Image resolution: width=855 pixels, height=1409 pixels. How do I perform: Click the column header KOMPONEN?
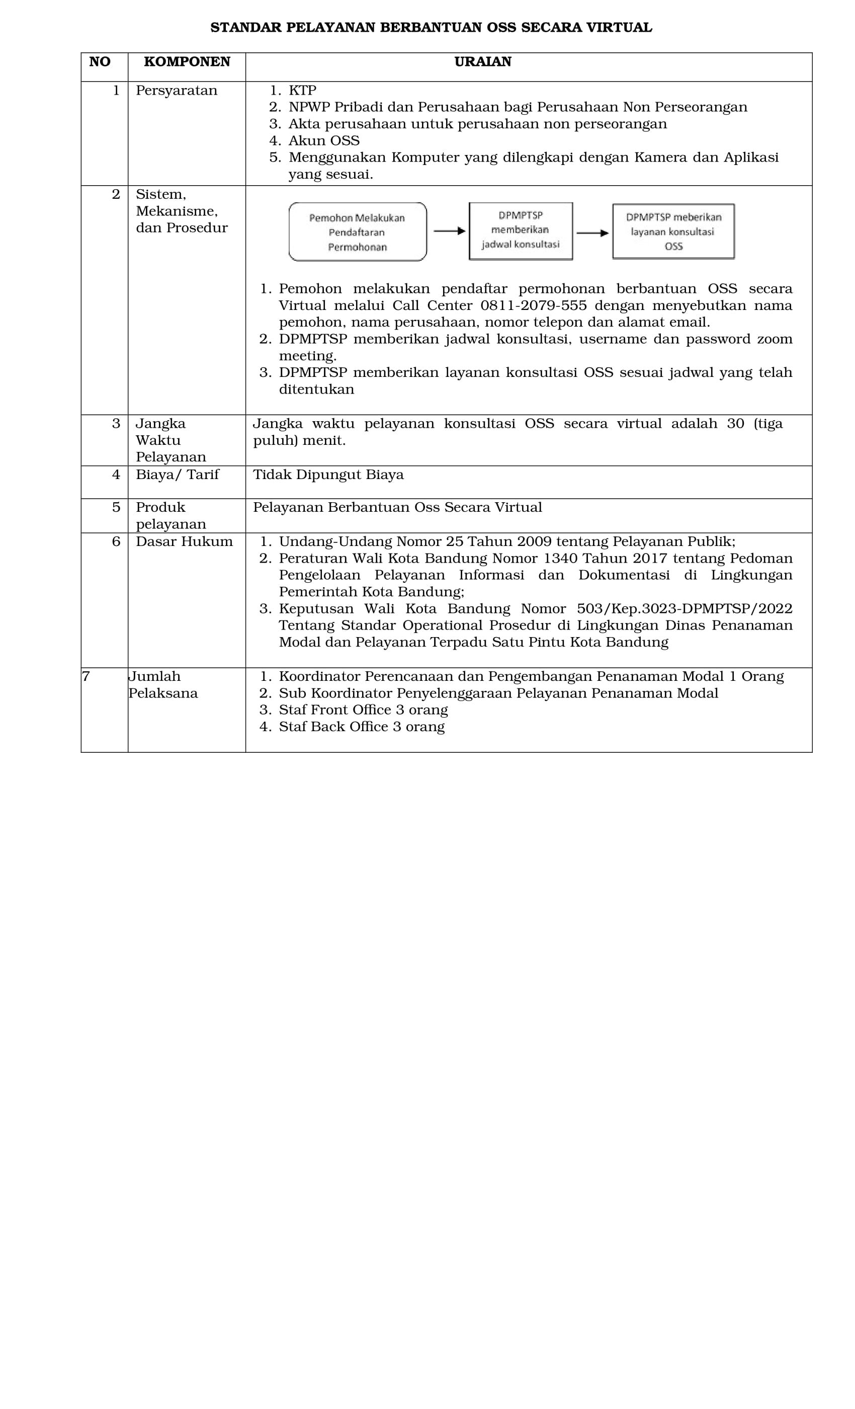(187, 62)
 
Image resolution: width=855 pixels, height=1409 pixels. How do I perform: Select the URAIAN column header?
(482, 62)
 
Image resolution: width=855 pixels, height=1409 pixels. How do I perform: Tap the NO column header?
(100, 62)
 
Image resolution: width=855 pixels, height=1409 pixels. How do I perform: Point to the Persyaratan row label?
(176, 91)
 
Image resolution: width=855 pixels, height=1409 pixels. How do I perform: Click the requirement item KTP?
(302, 91)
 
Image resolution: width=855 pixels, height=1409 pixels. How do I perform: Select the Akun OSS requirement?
(323, 141)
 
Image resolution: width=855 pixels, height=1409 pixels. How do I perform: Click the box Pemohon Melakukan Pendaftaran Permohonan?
(357, 232)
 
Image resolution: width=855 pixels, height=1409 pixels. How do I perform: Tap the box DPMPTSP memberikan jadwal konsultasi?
(520, 230)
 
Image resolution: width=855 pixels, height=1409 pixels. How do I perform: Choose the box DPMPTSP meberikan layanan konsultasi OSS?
(673, 231)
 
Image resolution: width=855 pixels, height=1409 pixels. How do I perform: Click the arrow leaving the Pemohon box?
(449, 231)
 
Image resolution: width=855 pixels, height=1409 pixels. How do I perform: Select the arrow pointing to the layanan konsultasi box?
(592, 232)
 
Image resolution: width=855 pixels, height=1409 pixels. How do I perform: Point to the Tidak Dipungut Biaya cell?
(328, 475)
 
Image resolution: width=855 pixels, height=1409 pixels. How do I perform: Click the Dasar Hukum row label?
(184, 541)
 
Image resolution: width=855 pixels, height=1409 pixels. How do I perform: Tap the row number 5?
(116, 507)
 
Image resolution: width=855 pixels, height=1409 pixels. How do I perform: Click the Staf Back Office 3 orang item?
(361, 727)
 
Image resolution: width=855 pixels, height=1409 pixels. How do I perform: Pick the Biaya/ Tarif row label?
(177, 475)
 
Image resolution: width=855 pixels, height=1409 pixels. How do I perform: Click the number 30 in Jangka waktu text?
(735, 424)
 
